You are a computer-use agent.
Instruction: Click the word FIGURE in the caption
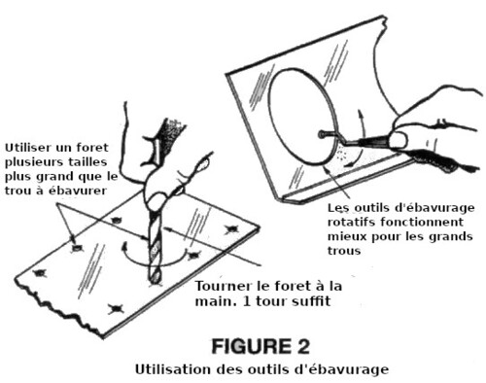(x=251, y=346)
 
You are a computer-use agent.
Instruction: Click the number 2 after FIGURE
(x=303, y=346)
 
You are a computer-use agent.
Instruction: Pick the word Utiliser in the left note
(x=28, y=148)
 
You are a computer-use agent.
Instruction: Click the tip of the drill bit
(x=155, y=284)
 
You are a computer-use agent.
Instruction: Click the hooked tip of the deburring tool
(x=322, y=134)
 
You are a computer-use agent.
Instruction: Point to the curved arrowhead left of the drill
(x=124, y=248)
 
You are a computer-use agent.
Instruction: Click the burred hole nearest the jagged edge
(x=116, y=309)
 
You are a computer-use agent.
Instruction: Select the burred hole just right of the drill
(x=193, y=255)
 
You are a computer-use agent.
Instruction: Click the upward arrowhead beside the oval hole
(x=360, y=113)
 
